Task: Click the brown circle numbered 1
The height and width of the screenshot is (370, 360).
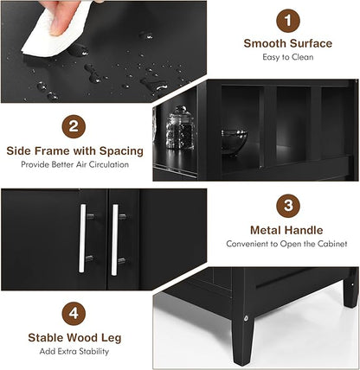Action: pos(288,21)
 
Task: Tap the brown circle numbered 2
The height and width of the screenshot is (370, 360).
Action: pos(74,126)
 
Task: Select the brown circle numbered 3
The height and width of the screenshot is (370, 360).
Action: pos(288,206)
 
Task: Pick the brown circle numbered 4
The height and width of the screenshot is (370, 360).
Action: pos(74,314)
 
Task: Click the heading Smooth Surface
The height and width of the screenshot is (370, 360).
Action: pos(288,43)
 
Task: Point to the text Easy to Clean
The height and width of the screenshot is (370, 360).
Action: pos(288,57)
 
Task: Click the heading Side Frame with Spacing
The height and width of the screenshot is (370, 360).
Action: pos(74,151)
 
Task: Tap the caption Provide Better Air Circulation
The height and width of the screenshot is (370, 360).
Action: pos(74,164)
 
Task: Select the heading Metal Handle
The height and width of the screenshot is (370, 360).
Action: pos(286,230)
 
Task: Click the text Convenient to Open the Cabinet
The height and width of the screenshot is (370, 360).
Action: pos(286,244)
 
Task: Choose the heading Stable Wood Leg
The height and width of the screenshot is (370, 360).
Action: pos(74,338)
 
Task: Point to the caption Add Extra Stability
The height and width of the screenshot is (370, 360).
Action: pos(74,351)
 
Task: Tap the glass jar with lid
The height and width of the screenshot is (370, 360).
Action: pos(180,128)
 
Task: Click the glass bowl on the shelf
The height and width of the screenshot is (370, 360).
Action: pos(234,142)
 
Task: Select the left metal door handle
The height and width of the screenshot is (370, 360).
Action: pos(83,238)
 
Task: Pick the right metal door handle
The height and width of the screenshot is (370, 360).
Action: pos(115,239)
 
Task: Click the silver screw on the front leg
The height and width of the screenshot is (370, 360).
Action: pos(246,318)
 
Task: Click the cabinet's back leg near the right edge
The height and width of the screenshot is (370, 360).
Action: pos(350,291)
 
